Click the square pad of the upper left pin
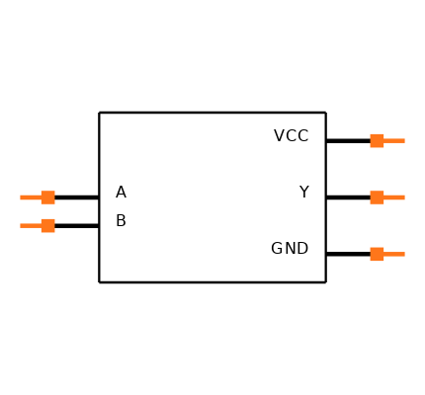tap(47, 197)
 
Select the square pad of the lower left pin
tap(47, 225)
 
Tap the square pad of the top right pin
tap(377, 140)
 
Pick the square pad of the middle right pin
tap(377, 197)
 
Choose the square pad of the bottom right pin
tap(377, 254)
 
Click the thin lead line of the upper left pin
tap(31, 197)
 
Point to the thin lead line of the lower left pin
tap(31, 225)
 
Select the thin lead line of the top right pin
tap(394, 140)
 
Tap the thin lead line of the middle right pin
tap(394, 197)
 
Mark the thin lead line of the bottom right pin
tap(394, 254)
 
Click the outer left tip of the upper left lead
tap(21, 197)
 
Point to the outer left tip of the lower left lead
tap(21, 225)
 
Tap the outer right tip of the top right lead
tap(404, 140)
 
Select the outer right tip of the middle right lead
tap(404, 197)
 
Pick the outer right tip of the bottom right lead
tap(404, 254)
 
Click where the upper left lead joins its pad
tap(41, 197)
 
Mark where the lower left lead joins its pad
tap(41, 225)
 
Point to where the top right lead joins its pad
tap(383, 140)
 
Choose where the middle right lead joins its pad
tap(383, 197)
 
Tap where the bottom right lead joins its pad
tap(383, 254)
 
